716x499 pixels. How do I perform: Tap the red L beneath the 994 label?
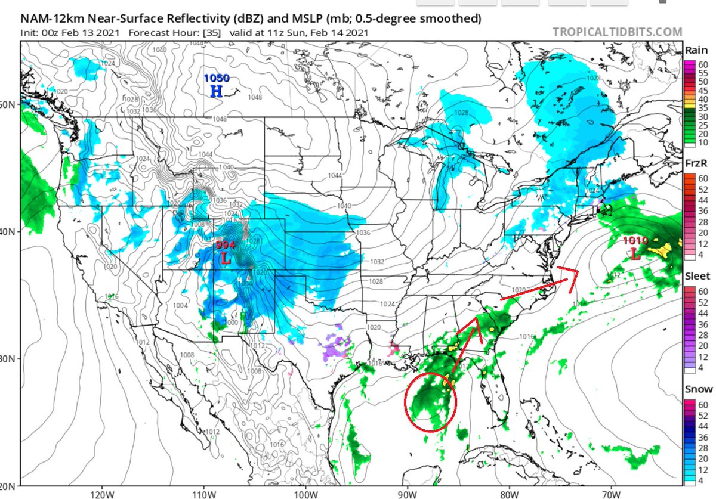click(x=225, y=258)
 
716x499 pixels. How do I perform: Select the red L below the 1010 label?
click(x=635, y=254)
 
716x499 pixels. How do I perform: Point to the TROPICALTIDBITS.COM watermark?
click(x=616, y=32)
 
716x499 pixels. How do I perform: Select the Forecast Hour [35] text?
click(x=165, y=33)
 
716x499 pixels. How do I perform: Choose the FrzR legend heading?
click(x=696, y=163)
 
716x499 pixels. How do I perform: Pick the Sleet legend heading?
click(x=696, y=276)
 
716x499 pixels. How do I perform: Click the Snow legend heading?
click(x=696, y=389)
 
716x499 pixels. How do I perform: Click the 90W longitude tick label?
click(x=408, y=494)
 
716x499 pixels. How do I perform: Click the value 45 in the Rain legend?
click(x=703, y=90)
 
